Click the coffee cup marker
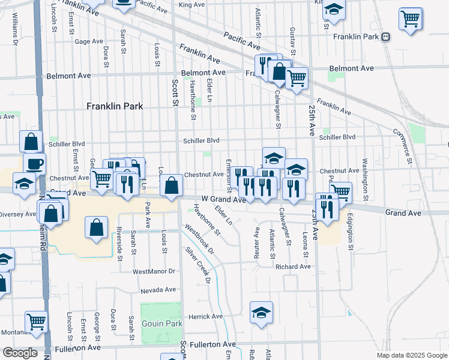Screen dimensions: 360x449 34,163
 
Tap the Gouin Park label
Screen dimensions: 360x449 161,323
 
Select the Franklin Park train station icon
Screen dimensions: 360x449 386,37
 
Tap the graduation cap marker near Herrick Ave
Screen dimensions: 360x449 261,313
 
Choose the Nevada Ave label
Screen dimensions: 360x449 158,289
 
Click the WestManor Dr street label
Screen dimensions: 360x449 154,271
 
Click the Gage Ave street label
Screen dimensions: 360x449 89,41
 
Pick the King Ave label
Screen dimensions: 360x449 192,5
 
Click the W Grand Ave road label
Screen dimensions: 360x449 223,199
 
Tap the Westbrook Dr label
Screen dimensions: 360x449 199,237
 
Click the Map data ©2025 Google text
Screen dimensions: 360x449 411,355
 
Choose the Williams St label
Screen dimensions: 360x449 14,28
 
